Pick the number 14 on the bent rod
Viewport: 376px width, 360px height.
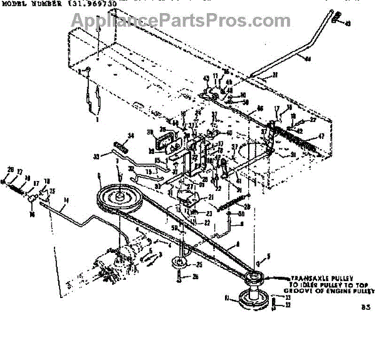pyautogui.click(x=66, y=201)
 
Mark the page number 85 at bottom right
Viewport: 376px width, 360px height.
pyautogui.click(x=365, y=307)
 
